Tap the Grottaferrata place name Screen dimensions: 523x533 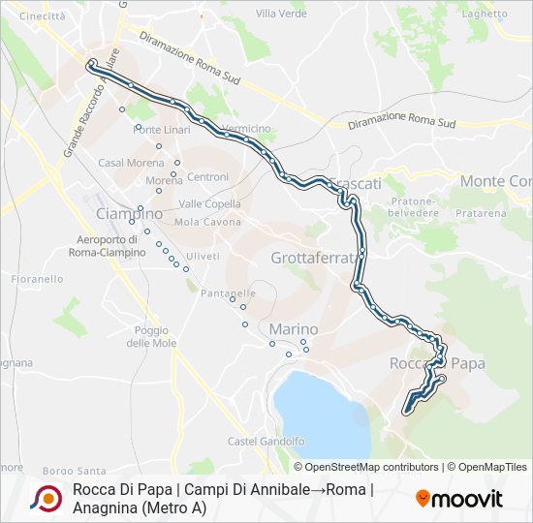pos(320,258)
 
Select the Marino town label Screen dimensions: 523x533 pos(294,328)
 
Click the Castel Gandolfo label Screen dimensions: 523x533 pos(266,441)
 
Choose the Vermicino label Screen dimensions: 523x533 pos(246,128)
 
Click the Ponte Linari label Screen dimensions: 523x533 pos(162,130)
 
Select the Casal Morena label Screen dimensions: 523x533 pos(126,162)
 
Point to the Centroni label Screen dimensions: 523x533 pos(208,176)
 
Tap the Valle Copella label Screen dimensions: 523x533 pos(209,203)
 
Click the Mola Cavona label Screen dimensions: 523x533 pos(208,222)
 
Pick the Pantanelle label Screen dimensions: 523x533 pos(228,292)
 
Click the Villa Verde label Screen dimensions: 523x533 pos(280,13)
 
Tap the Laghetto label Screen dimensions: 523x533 pos(486,14)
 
